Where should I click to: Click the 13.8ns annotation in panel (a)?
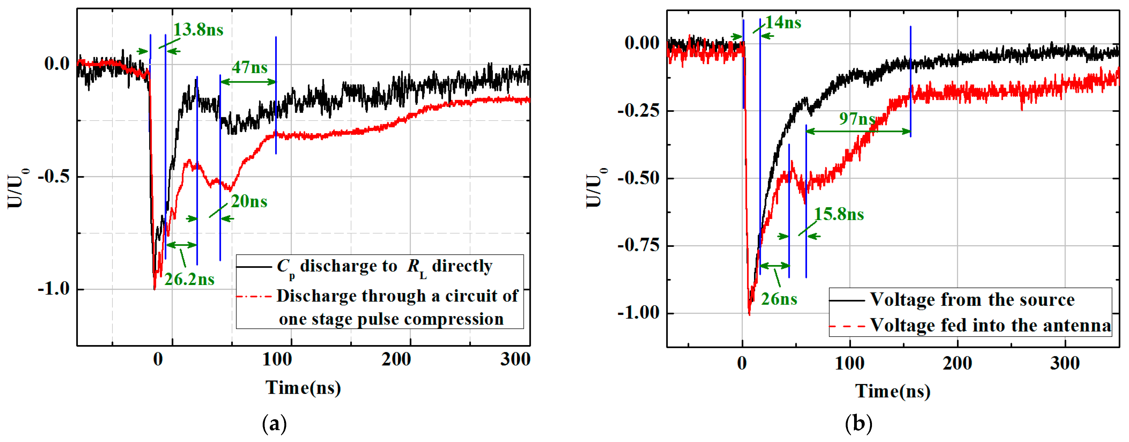pos(198,30)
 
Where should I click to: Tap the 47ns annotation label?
pos(249,67)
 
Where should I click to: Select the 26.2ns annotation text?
pos(189,279)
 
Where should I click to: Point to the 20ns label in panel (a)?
pos(249,202)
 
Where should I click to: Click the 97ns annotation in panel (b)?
pos(857,118)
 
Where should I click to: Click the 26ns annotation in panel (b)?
pos(779,299)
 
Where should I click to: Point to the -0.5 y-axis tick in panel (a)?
pos(54,177)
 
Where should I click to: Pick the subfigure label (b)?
pos(858,424)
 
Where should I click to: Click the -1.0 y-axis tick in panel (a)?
pos(54,289)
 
